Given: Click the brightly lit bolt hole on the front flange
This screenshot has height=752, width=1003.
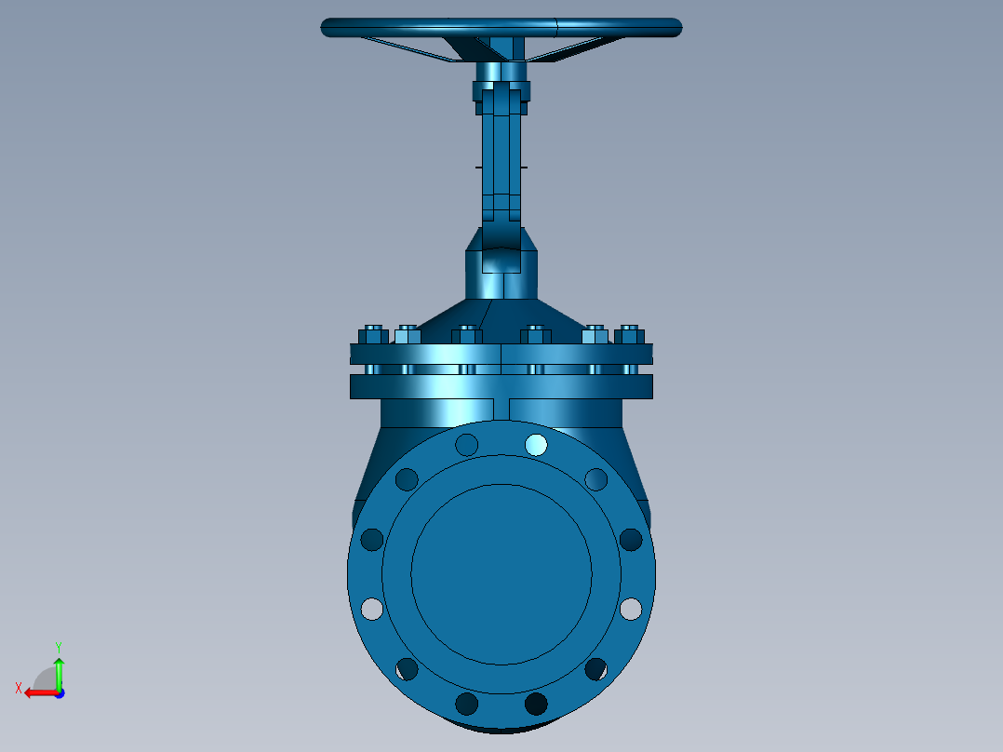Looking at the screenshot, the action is point(536,445).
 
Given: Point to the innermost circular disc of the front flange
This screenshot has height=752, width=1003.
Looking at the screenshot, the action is point(501,574).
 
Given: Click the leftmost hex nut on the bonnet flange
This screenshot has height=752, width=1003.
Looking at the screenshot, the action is point(374,335).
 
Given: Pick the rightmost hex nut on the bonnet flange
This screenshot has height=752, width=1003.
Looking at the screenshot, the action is point(629,335).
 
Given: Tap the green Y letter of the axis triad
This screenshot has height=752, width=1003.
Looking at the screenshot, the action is point(59,648).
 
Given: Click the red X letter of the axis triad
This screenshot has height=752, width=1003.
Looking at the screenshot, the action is point(19,689).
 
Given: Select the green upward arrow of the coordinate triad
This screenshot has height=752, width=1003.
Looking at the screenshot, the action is point(59,673).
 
